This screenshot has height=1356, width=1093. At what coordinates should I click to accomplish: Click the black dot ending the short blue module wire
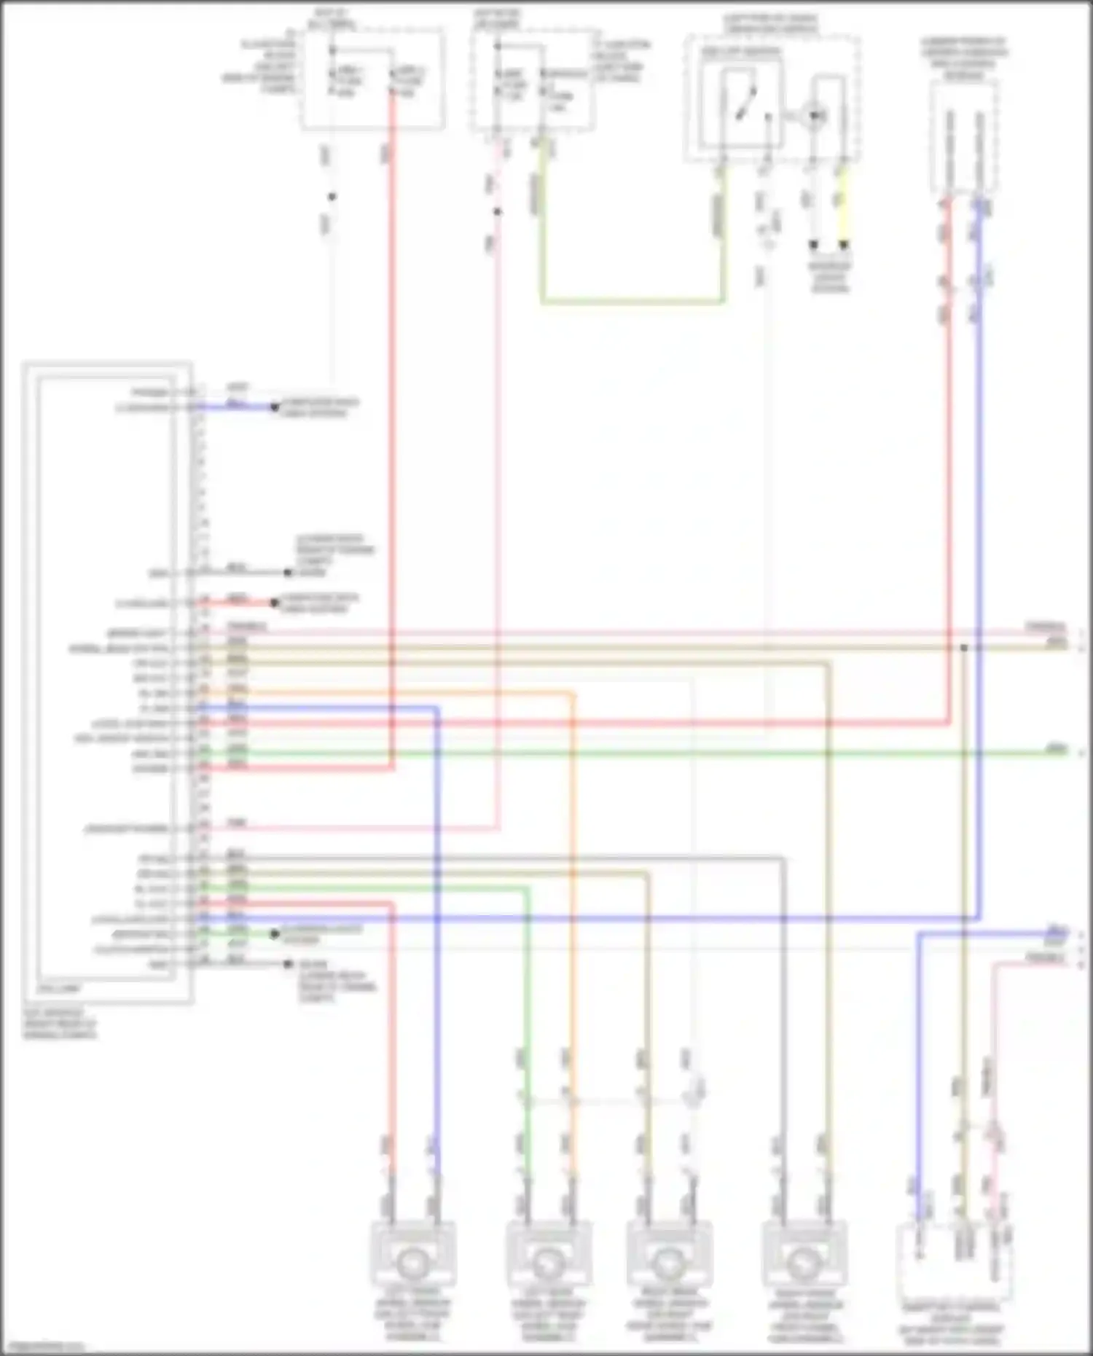pyautogui.click(x=275, y=407)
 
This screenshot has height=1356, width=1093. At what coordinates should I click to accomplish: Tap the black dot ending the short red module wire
pyautogui.click(x=275, y=603)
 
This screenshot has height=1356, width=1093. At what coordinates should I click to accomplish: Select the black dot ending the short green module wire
pyautogui.click(x=275, y=933)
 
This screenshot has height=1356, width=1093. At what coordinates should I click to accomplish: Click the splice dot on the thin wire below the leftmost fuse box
pyautogui.click(x=332, y=197)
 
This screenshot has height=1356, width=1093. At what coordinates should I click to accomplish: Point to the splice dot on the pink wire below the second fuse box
pyautogui.click(x=498, y=212)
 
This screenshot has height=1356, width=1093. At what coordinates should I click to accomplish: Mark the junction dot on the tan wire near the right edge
pyautogui.click(x=963, y=647)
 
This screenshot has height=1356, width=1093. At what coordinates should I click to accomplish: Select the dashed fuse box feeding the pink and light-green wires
pyautogui.click(x=533, y=80)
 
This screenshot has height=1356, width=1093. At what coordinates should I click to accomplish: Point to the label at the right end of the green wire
pyautogui.click(x=1055, y=749)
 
